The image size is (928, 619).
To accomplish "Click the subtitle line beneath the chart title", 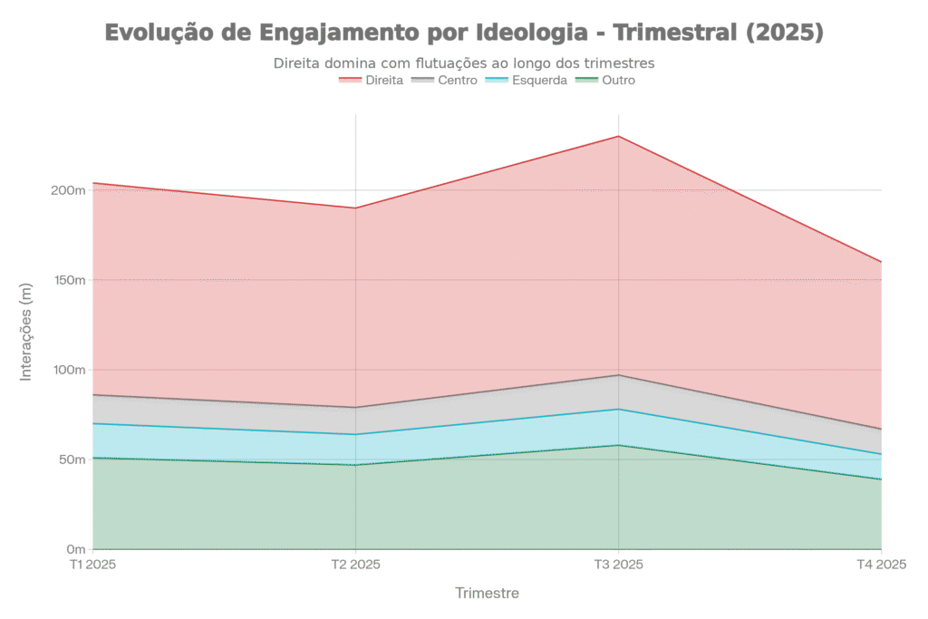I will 464,63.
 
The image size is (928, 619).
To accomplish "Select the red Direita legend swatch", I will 350,80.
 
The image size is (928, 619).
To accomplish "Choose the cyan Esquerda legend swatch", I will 498,80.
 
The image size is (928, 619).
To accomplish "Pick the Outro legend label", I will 620,80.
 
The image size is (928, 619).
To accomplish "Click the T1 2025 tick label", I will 93,565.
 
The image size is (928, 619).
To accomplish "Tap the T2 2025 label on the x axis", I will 356,565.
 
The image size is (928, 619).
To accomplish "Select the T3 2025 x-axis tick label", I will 619,565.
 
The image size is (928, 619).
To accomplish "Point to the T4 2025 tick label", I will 881,565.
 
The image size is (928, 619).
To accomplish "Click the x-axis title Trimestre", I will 488,594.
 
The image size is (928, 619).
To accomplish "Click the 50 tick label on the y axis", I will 74,459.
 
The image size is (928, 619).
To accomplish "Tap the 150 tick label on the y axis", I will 72,280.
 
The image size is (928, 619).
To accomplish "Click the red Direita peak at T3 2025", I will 619,136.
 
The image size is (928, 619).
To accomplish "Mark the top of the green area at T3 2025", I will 619,445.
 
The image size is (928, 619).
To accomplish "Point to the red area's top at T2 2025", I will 356,207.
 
